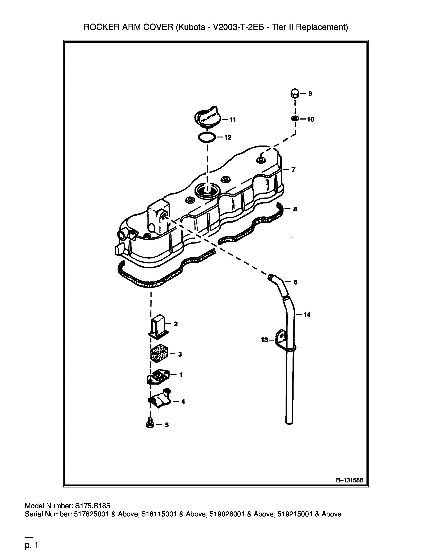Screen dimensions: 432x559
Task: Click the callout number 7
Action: (293, 169)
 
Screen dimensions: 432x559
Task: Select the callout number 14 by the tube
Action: (307, 315)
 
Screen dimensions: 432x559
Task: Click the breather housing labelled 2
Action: (158, 326)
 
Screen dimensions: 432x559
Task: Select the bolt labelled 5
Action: (150, 425)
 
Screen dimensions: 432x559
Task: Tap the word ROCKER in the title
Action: (102, 27)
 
